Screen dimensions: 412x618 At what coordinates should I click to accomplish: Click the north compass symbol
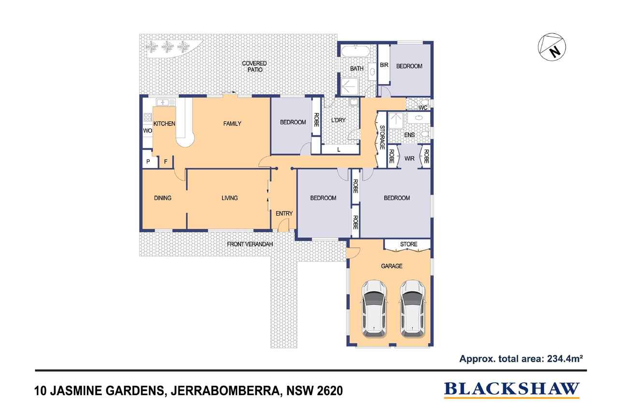(x=552, y=46)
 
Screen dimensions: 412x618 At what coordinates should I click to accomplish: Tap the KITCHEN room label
(x=164, y=124)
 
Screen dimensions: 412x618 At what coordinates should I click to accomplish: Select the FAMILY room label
(x=232, y=124)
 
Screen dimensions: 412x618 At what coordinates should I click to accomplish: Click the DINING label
(x=163, y=198)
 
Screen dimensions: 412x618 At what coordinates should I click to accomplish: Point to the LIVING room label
(x=229, y=198)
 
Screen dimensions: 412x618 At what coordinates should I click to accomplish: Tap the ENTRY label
(x=284, y=213)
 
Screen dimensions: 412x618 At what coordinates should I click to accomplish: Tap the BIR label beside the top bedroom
(x=384, y=65)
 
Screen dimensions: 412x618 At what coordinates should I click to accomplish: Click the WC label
(x=423, y=108)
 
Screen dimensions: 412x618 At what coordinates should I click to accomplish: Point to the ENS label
(x=409, y=135)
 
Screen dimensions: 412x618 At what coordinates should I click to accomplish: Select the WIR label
(x=409, y=158)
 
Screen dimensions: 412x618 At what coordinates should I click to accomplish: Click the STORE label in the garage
(x=408, y=244)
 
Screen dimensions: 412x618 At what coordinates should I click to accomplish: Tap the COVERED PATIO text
(x=254, y=67)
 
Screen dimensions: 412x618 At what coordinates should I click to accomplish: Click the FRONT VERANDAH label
(x=250, y=244)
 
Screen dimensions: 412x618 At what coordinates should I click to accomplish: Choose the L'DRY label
(x=338, y=120)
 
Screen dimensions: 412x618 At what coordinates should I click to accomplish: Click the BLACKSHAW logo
(x=511, y=389)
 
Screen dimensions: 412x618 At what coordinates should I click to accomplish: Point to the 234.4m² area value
(x=565, y=359)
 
